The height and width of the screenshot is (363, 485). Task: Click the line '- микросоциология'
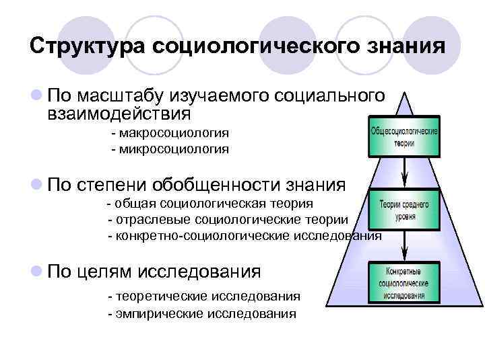click(170, 149)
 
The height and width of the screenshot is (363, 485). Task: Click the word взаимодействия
click(116, 114)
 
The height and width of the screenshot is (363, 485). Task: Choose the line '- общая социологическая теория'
click(210, 203)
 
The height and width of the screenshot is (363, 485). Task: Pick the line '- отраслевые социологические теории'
click(228, 220)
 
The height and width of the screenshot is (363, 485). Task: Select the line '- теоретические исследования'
click(204, 296)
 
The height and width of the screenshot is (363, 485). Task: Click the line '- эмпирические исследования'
click(201, 314)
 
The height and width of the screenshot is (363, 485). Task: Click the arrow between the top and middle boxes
click(403, 172)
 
